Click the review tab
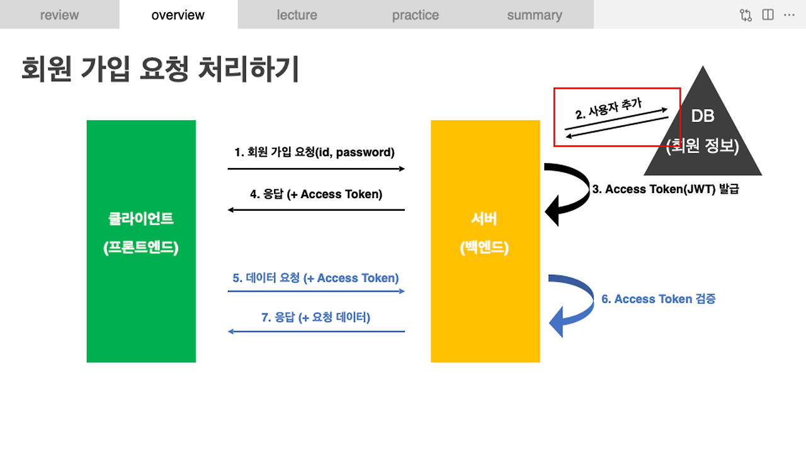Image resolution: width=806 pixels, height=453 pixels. [59, 15]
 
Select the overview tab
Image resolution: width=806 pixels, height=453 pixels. [178, 15]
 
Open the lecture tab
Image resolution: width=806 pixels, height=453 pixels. [297, 15]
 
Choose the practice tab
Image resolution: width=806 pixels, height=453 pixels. [416, 15]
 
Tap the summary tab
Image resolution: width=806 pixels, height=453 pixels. [535, 15]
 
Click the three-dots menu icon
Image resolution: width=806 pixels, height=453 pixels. [789, 15]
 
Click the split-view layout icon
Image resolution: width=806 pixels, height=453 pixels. [768, 15]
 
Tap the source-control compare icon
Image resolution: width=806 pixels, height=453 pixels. [746, 15]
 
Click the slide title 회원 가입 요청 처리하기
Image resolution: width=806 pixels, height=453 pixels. [160, 69]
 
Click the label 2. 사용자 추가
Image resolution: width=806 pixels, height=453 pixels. [608, 109]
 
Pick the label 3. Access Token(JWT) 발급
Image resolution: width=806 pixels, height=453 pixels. [666, 189]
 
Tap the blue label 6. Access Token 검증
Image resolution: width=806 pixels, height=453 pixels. [658, 299]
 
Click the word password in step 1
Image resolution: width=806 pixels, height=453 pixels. [363, 152]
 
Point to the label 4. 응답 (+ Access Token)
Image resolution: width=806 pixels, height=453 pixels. [316, 194]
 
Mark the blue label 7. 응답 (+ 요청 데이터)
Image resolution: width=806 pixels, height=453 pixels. [316, 317]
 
